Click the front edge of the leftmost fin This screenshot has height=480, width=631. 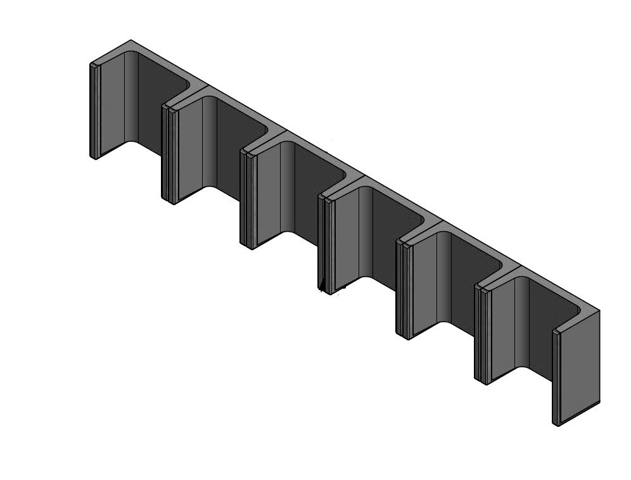94,111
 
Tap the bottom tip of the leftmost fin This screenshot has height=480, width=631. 94,157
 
